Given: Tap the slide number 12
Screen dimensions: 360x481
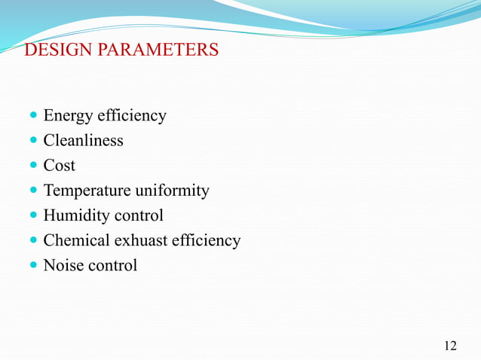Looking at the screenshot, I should pyautogui.click(x=450, y=346).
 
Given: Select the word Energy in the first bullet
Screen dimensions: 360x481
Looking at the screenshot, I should pyautogui.click(x=66, y=116).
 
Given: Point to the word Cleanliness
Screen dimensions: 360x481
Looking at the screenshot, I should pyautogui.click(x=83, y=141).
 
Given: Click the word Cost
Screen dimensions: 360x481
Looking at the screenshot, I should pyautogui.click(x=59, y=166).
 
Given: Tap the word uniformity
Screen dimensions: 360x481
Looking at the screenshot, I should pyautogui.click(x=172, y=191).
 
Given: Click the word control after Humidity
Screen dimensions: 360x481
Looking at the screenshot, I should pyautogui.click(x=138, y=215).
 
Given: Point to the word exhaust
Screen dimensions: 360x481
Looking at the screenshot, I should pyautogui.click(x=138, y=240).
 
